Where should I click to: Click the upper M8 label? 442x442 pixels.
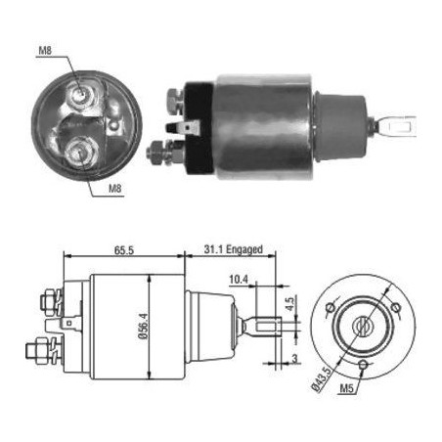click(x=45, y=51)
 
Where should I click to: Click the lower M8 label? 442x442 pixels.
click(x=115, y=189)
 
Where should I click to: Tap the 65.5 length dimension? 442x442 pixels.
click(x=124, y=250)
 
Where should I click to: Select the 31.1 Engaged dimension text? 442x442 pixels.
click(x=234, y=249)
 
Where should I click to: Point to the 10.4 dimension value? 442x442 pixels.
click(x=239, y=280)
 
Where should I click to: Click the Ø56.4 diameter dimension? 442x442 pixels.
click(x=143, y=326)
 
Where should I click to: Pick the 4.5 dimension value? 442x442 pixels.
click(x=289, y=303)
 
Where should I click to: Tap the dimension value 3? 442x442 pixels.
click(x=294, y=359)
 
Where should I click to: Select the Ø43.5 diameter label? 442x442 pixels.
click(x=322, y=379)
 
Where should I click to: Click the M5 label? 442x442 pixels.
click(x=346, y=388)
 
